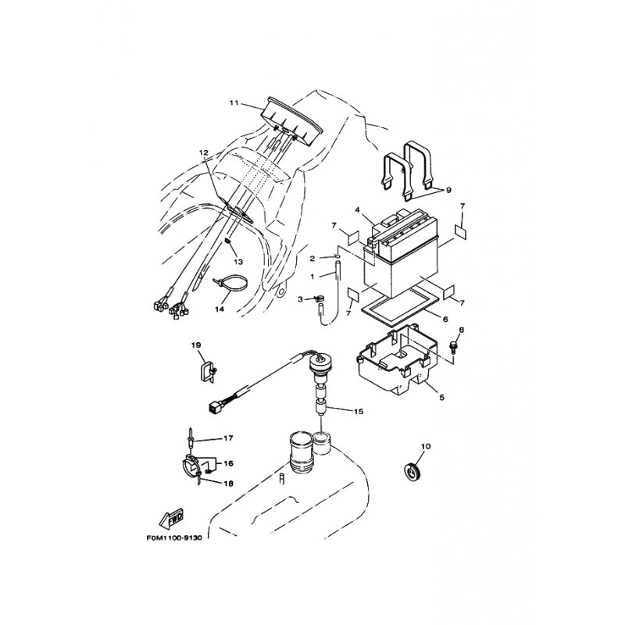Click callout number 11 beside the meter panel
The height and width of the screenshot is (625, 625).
coord(233,103)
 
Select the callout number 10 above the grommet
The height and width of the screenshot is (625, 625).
coord(427,447)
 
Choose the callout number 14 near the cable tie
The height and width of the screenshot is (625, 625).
coord(220,309)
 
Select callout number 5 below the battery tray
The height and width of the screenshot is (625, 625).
coord(441,398)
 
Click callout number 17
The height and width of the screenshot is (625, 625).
coord(229,438)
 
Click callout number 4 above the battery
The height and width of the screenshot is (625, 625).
coord(357,210)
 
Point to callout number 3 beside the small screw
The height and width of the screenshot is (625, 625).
coord(299,299)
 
